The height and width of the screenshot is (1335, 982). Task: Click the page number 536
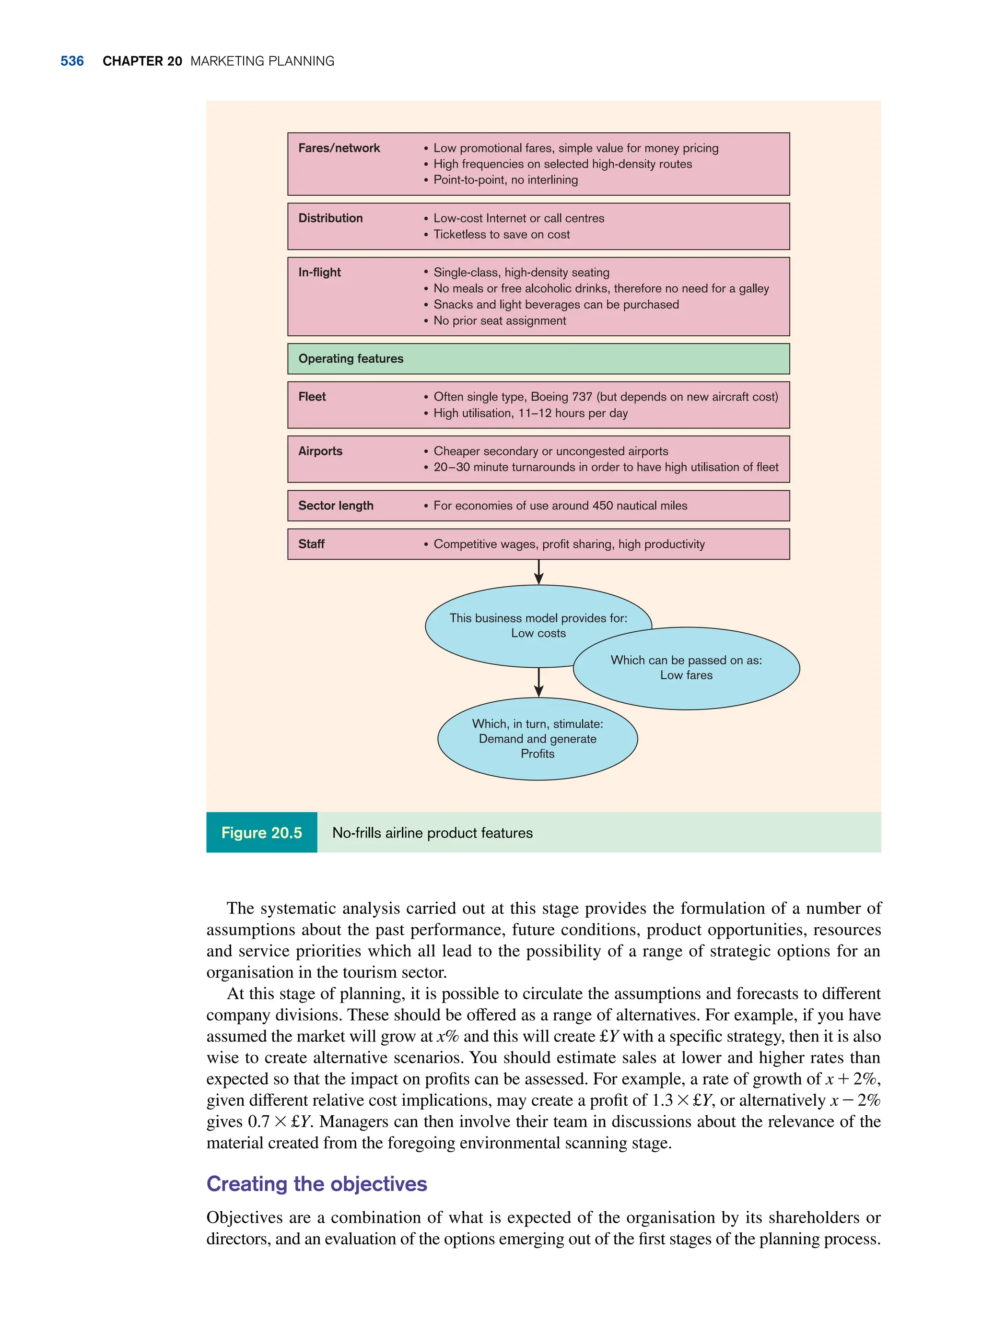click(x=72, y=61)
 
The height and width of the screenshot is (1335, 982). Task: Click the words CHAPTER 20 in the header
click(x=142, y=61)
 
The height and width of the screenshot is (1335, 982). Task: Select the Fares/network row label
click(x=339, y=148)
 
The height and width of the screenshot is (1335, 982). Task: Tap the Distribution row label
click(x=330, y=218)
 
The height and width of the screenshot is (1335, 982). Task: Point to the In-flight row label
click(x=320, y=272)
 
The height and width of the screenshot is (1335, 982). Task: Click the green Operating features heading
click(x=351, y=359)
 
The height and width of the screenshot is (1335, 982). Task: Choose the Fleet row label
click(x=312, y=397)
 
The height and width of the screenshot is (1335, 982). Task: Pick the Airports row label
click(x=320, y=451)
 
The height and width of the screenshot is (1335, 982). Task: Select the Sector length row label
click(x=336, y=506)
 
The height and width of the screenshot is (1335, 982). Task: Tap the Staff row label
click(x=312, y=544)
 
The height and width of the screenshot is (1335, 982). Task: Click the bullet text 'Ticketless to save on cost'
click(x=501, y=234)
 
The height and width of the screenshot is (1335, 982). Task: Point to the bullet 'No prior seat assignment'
click(x=499, y=320)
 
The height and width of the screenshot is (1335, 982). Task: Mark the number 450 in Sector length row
click(x=602, y=506)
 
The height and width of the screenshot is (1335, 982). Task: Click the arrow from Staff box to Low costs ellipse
click(x=538, y=572)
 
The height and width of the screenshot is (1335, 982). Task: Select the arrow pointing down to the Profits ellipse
click(x=538, y=682)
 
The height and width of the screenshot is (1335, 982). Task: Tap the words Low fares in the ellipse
click(x=686, y=675)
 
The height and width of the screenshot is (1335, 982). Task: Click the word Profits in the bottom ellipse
click(x=538, y=754)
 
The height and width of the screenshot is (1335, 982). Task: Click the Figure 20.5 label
click(x=261, y=833)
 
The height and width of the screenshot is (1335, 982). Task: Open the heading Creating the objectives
click(x=316, y=1184)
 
